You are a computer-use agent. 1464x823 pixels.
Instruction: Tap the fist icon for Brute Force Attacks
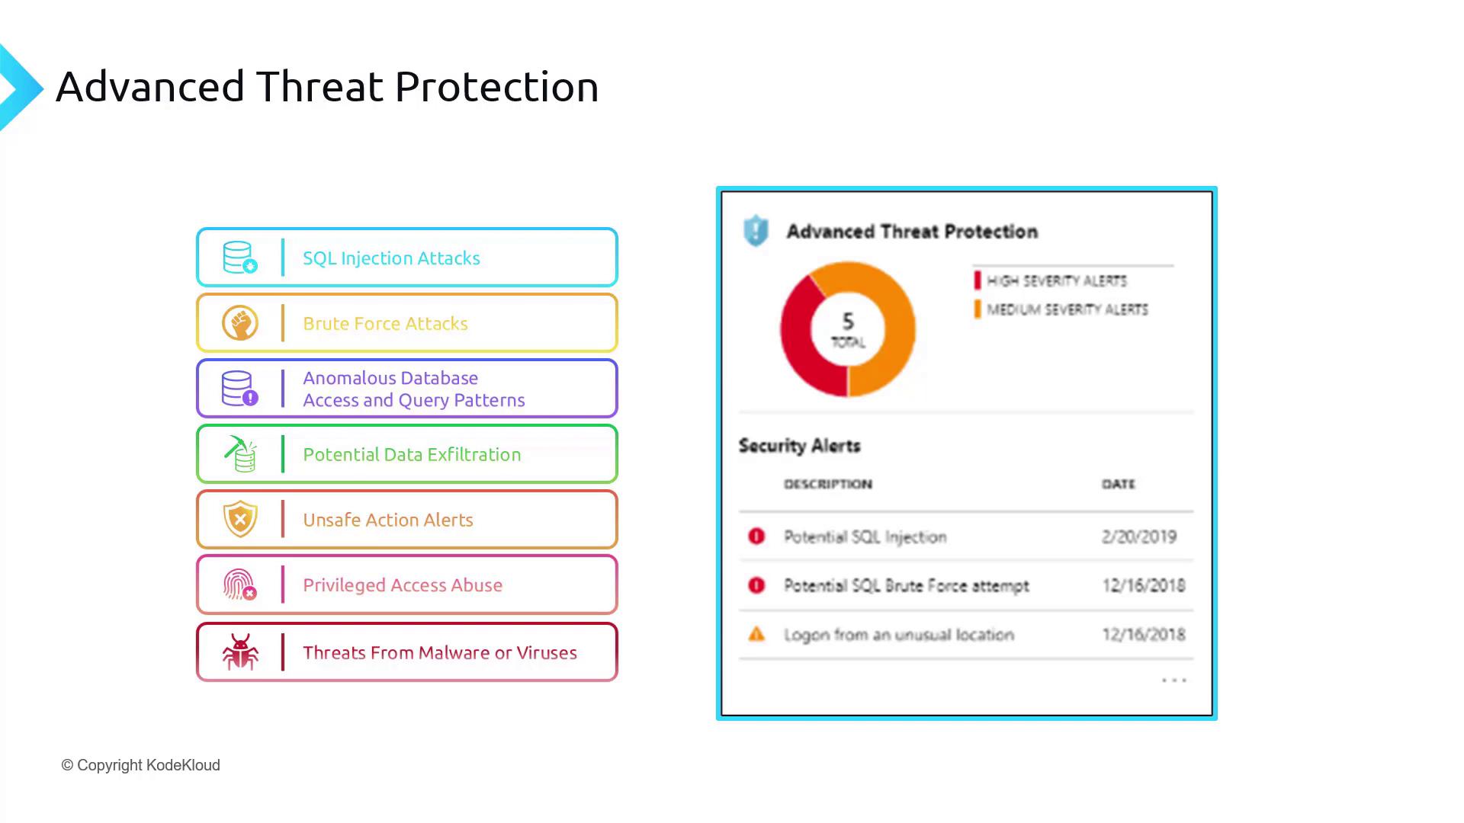pos(240,323)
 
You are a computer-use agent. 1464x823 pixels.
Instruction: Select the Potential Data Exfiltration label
pos(412,454)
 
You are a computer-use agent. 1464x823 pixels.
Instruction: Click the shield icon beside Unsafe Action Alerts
pos(240,520)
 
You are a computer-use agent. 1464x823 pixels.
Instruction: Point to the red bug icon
pos(240,652)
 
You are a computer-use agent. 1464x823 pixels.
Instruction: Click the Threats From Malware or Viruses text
pos(440,653)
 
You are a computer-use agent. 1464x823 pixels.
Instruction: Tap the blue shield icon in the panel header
pos(756,230)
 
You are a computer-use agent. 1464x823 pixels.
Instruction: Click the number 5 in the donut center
pos(848,321)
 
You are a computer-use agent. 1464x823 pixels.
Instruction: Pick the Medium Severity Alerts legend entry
pos(1061,309)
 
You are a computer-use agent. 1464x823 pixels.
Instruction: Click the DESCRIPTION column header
pos(828,484)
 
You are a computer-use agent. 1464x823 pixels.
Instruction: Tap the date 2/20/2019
pos(1139,536)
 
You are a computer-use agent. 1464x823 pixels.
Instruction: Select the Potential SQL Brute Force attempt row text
pos(907,585)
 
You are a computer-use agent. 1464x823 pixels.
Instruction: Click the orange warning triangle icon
pos(756,634)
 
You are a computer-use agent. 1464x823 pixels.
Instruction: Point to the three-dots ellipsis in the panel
pos(1174,680)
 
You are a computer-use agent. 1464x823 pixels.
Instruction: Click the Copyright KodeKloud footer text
pos(141,765)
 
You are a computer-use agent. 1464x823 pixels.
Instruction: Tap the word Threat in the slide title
pos(319,86)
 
